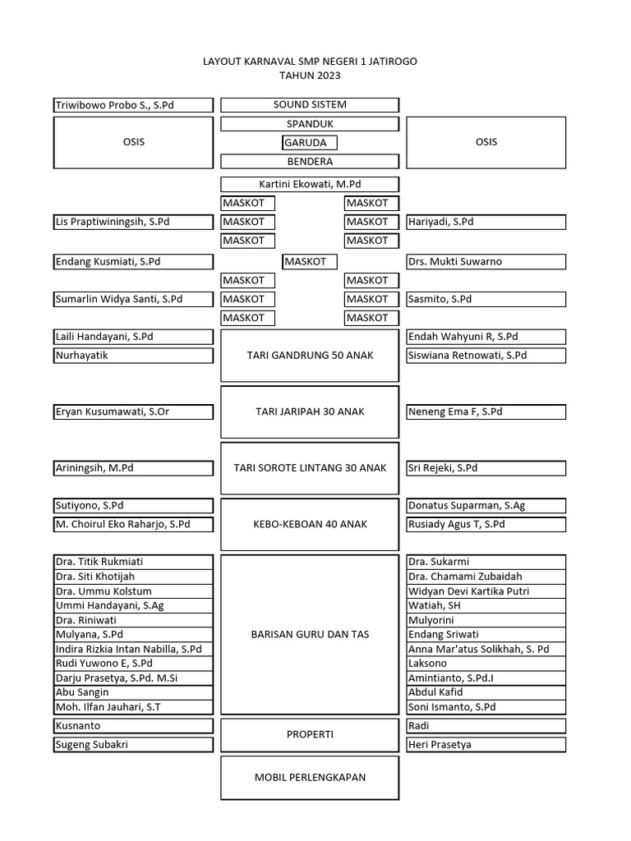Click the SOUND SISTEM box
[310, 105]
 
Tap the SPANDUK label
[310, 124]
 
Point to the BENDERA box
[310, 162]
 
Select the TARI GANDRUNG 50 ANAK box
[310, 356]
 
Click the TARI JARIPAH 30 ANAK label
[310, 411]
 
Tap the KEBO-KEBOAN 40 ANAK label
[310, 524]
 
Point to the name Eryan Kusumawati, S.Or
[112, 411]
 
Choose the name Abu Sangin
[82, 692]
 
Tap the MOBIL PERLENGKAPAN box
[310, 777]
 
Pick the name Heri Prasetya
[440, 745]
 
